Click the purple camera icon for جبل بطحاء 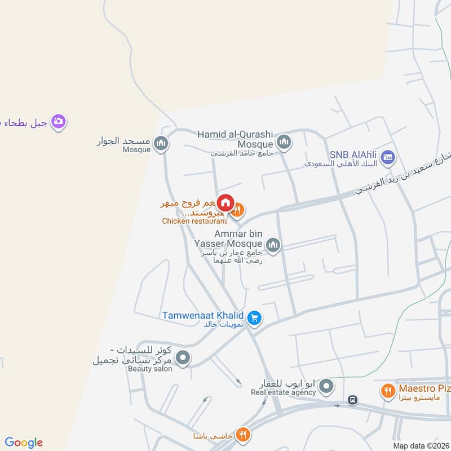59,121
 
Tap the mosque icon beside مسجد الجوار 162,144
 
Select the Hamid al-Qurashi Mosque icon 284,141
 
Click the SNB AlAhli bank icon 387,157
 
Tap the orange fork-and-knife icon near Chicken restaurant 238,210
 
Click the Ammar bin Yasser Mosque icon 273,245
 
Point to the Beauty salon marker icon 182,357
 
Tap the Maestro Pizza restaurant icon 388,391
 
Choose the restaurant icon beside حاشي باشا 243,434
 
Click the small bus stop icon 353,400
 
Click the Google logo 24,443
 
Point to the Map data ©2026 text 421,446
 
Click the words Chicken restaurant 194,221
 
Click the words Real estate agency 283,392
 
